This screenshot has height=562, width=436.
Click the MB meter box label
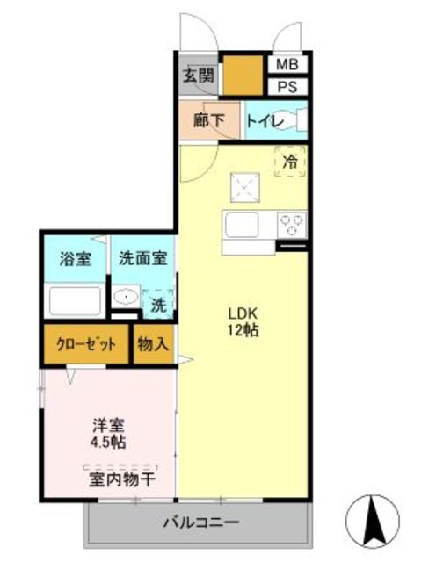[x=287, y=64]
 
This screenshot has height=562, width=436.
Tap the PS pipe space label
[x=287, y=87]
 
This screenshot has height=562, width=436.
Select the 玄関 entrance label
[x=199, y=76]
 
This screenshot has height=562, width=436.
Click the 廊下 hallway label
[x=209, y=120]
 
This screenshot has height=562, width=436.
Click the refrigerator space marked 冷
[x=290, y=162]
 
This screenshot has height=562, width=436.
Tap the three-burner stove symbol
[x=292, y=225]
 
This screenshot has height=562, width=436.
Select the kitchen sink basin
[x=242, y=225]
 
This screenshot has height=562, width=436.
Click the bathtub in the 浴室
[x=75, y=300]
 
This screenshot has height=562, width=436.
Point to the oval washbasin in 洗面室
[x=126, y=296]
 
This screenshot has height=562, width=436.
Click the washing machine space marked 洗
[x=158, y=304]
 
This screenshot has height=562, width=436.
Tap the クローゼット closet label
[x=86, y=345]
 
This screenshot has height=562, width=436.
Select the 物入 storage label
[x=153, y=344]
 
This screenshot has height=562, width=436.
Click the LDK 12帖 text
[x=243, y=321]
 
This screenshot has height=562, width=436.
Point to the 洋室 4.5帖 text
[x=108, y=434]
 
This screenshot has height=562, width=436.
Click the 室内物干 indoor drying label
[x=122, y=479]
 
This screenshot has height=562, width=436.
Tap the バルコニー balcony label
[x=201, y=522]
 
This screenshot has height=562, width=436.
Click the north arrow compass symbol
[x=373, y=521]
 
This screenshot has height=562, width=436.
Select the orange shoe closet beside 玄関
[x=243, y=76]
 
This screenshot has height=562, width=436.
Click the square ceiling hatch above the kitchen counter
[x=245, y=187]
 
